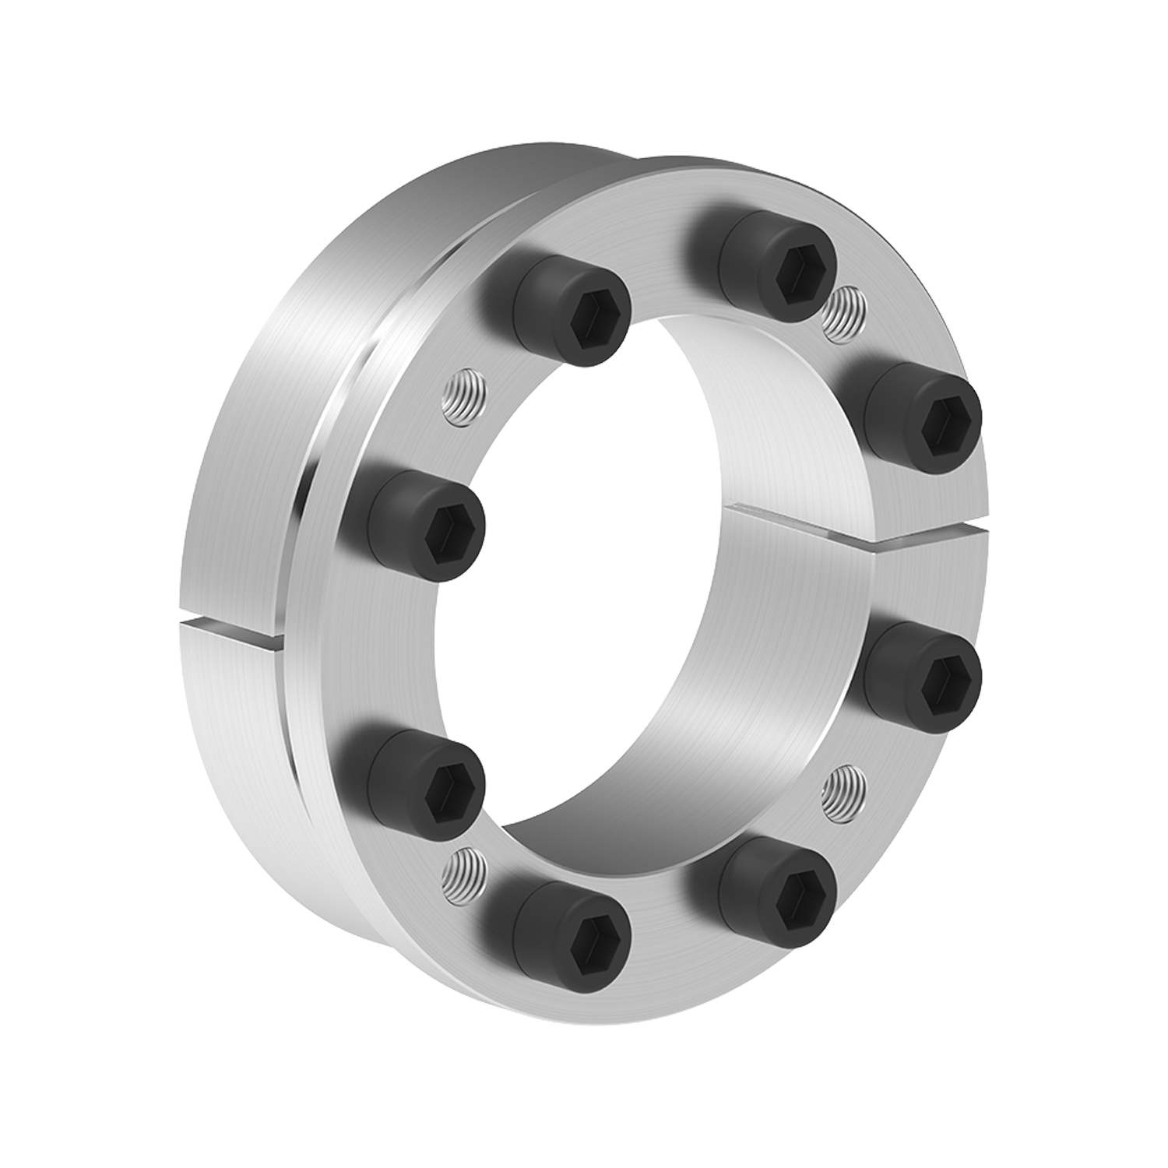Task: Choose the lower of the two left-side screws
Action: pyautogui.click(x=424, y=786)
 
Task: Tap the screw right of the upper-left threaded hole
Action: pyautogui.click(x=572, y=311)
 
